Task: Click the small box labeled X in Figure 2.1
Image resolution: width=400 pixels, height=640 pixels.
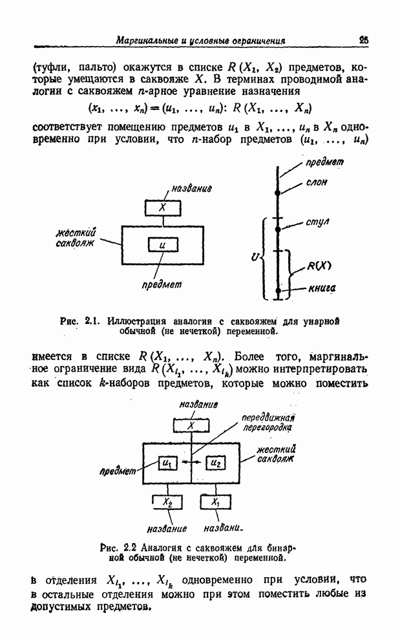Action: tap(163, 208)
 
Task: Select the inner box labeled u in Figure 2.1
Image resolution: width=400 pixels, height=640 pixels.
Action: tap(162, 245)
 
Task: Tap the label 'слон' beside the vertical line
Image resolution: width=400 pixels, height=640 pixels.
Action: tap(317, 183)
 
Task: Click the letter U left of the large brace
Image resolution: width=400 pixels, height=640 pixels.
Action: tap(255, 257)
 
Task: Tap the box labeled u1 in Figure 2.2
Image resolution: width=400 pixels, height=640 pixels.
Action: tap(167, 463)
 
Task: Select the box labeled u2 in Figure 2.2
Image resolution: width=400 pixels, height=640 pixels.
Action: tap(215, 463)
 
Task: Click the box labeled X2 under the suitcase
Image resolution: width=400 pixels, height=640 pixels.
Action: tap(167, 502)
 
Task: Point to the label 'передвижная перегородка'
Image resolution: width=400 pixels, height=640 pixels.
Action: tap(268, 423)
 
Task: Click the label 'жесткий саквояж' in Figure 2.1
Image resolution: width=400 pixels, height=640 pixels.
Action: tap(76, 237)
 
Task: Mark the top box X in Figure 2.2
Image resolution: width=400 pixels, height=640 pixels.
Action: tap(191, 425)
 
